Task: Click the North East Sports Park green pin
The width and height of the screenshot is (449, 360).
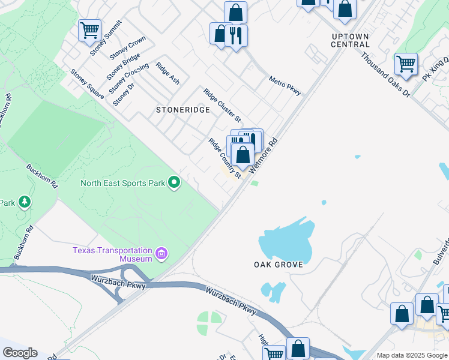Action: click(x=174, y=182)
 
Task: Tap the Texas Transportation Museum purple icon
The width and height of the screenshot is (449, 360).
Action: click(x=161, y=254)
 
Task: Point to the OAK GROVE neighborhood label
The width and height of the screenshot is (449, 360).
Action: click(x=278, y=264)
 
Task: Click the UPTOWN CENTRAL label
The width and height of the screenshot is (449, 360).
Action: click(x=351, y=40)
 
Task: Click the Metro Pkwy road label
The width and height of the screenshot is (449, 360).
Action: click(x=285, y=85)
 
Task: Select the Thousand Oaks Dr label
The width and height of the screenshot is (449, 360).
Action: click(x=385, y=74)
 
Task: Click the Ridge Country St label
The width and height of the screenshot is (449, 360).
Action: click(x=224, y=158)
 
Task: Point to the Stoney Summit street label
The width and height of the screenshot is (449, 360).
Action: click(x=106, y=37)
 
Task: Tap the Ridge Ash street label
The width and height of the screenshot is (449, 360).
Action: click(x=167, y=73)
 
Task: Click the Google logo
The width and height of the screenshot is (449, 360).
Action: click(x=19, y=353)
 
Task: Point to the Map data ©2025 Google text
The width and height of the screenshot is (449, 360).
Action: click(x=411, y=355)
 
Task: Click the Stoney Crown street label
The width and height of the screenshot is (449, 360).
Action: click(x=127, y=48)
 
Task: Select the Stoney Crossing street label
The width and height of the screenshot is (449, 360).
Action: click(x=128, y=79)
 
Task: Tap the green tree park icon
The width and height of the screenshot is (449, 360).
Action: click(x=25, y=202)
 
